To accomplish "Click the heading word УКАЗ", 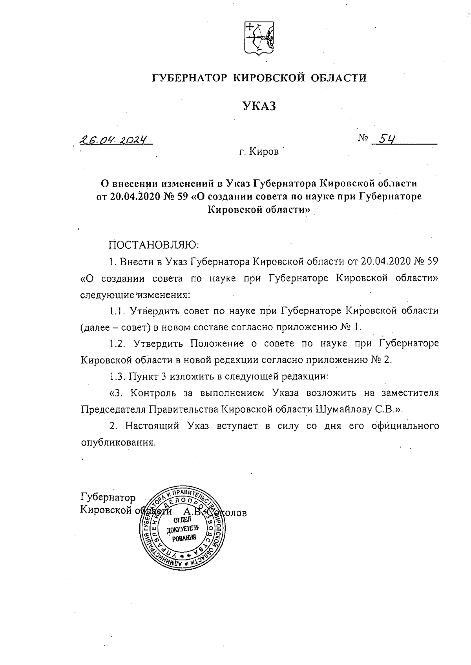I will pyautogui.click(x=259, y=106).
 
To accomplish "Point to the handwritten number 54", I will pyautogui.click(x=385, y=139).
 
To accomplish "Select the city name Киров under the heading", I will pyautogui.click(x=264, y=152).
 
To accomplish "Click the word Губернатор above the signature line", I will pyautogui.click(x=108, y=498).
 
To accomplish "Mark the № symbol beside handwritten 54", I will pyautogui.click(x=363, y=138).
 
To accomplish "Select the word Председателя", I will pyautogui.click(x=114, y=409).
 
